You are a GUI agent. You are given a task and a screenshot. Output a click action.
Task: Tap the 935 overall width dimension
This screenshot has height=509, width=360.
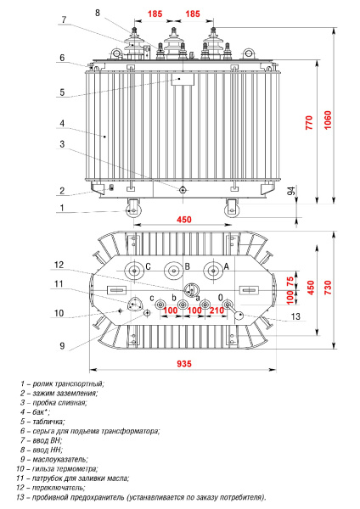tap(183, 364)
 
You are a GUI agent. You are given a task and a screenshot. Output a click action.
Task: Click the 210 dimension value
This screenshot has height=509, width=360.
tap(217, 310)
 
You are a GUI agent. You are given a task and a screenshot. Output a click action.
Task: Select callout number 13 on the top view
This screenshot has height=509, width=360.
tap(296, 317)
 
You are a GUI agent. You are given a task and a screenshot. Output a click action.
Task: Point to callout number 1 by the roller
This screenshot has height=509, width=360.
tap(62, 208)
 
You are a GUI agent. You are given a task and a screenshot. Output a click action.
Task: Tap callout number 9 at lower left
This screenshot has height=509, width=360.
tap(62, 344)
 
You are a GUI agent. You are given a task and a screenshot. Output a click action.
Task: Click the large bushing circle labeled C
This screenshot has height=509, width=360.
tap(133, 272)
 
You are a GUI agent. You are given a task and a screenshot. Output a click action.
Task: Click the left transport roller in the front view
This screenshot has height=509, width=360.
tap(133, 208)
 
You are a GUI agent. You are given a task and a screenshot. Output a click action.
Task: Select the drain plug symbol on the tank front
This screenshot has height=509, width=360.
tap(183, 190)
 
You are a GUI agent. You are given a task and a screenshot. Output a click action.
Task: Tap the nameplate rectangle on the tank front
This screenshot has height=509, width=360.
tap(183, 80)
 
